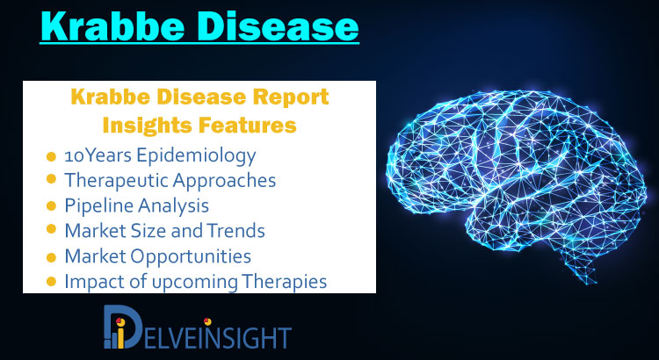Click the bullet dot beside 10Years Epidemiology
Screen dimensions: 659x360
[x=51, y=156]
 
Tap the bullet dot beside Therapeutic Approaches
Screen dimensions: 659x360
[x=51, y=179]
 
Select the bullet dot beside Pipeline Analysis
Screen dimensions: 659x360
[x=51, y=205]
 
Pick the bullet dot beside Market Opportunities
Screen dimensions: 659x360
[x=51, y=257]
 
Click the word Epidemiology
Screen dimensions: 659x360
[x=196, y=156]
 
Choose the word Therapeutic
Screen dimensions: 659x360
[x=116, y=181]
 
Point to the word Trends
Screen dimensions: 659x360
[x=241, y=231]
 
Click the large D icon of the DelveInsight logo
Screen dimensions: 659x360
[x=123, y=327]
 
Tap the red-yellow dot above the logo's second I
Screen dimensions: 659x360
[x=207, y=321]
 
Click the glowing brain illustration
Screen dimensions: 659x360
[x=516, y=181]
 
